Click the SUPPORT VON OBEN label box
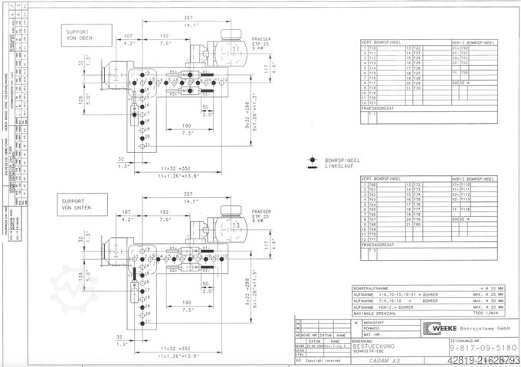82,34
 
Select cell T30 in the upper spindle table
418,89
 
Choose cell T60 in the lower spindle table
373,185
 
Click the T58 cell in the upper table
464,73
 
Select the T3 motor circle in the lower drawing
237,227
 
